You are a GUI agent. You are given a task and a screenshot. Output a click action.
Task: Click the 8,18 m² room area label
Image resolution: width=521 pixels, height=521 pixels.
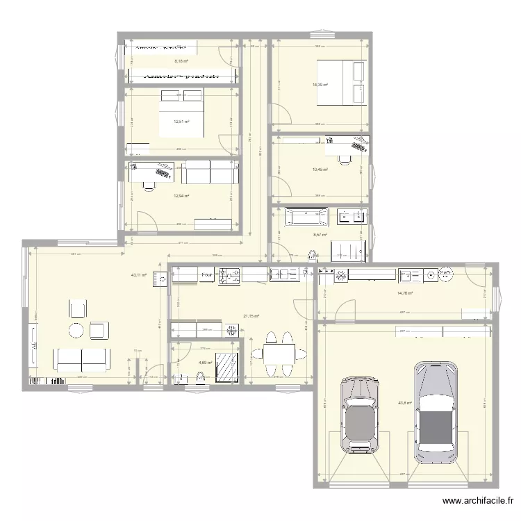click(x=181, y=61)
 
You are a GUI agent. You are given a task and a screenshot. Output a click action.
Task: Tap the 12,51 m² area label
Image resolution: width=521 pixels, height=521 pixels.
click(x=181, y=121)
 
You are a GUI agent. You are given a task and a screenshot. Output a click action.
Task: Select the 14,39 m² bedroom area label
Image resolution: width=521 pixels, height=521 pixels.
click(x=320, y=85)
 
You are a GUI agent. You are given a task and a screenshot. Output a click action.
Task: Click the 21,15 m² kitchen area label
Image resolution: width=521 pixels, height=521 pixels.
click(x=251, y=317)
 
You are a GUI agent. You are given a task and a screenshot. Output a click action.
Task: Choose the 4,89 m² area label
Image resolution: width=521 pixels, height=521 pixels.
click(x=205, y=362)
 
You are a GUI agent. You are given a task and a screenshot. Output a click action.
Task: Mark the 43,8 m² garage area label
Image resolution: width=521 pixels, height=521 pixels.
click(x=405, y=402)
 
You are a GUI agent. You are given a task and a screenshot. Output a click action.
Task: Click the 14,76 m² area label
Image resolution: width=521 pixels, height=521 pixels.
click(x=405, y=293)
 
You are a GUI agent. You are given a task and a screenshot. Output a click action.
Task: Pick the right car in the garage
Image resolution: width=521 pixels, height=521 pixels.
click(x=435, y=412)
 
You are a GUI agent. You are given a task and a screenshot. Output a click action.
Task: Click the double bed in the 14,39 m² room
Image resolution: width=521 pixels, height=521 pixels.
click(x=341, y=83)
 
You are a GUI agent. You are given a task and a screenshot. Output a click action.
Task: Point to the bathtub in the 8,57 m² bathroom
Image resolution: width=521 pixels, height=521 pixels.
click(x=306, y=218)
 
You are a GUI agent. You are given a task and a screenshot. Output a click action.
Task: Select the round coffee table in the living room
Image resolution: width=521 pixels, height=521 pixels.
click(x=77, y=330)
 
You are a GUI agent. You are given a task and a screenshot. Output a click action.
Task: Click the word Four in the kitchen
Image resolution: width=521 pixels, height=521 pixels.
click(x=207, y=276)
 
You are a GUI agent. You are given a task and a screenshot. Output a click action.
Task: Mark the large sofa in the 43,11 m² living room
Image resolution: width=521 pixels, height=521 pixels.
click(x=82, y=359)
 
